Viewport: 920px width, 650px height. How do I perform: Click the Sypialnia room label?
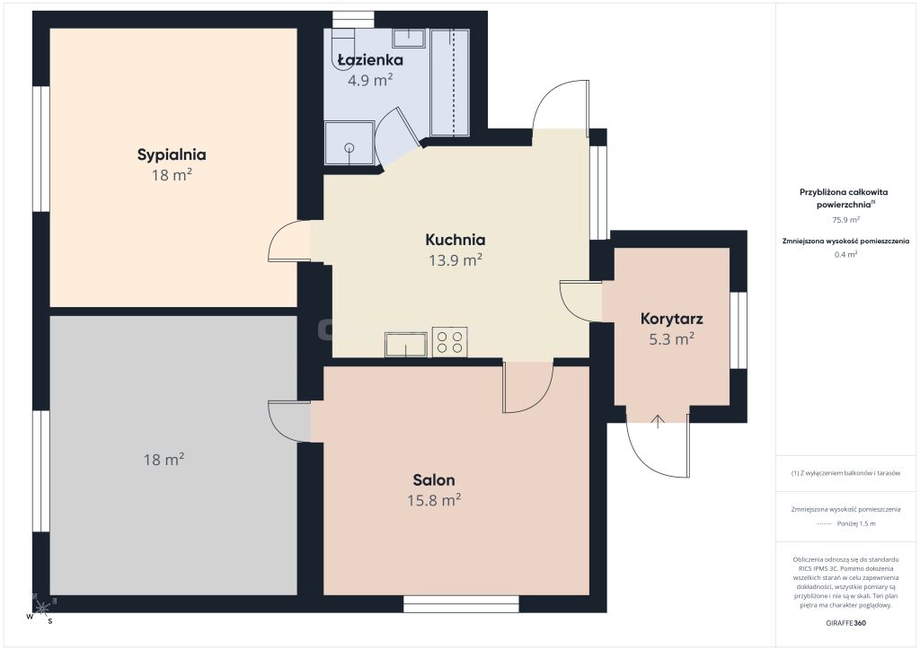172,154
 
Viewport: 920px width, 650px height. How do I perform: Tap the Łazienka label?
370,60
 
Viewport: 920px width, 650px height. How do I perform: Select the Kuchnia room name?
456,240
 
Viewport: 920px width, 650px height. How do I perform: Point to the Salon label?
434,480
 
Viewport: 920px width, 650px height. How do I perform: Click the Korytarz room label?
672,320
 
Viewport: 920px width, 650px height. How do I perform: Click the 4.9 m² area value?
370,80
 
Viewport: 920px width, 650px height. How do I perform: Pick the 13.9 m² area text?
456,259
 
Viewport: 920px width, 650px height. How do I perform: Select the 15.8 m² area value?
434,500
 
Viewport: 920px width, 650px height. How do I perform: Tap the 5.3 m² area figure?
672,338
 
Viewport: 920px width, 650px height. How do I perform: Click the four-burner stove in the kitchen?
450,342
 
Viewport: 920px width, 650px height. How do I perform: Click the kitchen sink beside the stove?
406,344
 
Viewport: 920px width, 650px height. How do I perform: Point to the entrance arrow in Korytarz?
659,421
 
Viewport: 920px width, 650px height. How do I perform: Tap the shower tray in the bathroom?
349,143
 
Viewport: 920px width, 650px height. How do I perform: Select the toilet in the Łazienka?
344,48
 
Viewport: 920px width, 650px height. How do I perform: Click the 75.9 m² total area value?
845,220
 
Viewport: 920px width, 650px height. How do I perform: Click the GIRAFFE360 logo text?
845,623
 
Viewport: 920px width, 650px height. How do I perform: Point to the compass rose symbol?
41,609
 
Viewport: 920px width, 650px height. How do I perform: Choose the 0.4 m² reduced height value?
845,254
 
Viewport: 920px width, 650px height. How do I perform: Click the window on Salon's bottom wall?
461,604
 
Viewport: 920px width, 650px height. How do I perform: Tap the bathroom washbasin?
409,38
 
